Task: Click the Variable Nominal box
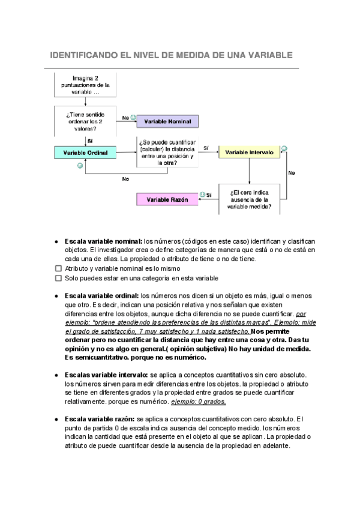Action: (x=167, y=122)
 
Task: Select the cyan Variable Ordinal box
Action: (x=85, y=153)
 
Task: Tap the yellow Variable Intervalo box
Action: (x=249, y=153)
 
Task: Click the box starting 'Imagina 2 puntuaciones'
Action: (x=85, y=86)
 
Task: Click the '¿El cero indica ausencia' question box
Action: (x=249, y=198)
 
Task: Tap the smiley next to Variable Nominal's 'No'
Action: (x=133, y=118)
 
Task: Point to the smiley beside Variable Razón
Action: (x=203, y=194)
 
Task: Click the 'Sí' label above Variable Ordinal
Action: (x=90, y=140)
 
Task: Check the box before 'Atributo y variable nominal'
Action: (x=58, y=269)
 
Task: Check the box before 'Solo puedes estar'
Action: (x=58, y=279)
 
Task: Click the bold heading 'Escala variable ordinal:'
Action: (x=102, y=296)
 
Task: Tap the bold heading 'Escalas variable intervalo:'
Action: (x=107, y=374)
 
